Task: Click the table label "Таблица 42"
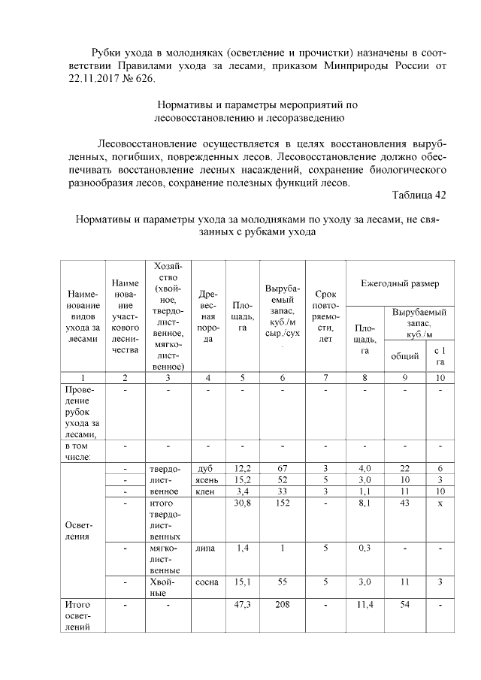point(419,195)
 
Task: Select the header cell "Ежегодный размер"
point(400,285)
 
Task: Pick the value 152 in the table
point(283,503)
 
